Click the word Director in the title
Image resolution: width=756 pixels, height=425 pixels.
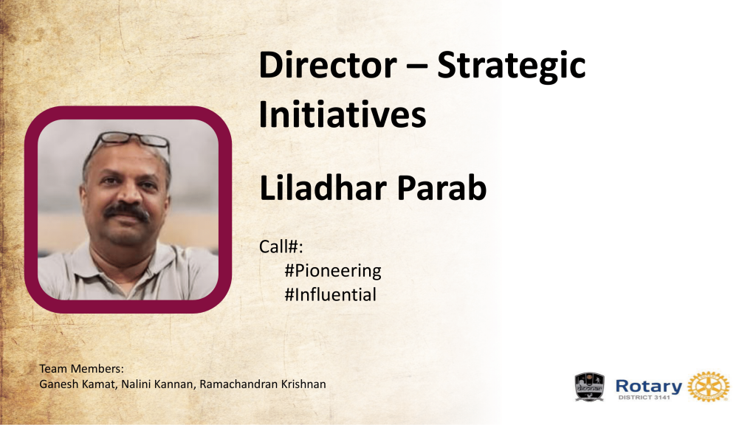[x=327, y=65]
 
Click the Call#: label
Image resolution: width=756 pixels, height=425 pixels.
[x=281, y=246]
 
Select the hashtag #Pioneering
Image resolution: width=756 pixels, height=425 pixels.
[x=333, y=271]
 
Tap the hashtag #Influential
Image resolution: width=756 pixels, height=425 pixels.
[x=330, y=294]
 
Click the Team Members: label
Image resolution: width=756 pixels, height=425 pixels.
[x=81, y=369]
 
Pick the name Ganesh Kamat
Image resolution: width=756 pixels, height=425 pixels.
[x=78, y=384]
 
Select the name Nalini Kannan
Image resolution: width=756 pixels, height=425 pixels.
[x=157, y=384]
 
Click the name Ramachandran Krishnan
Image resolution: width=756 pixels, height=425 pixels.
[x=263, y=384]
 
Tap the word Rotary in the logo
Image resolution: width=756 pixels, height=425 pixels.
[x=648, y=386]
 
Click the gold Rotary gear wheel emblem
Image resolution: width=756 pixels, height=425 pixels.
[x=708, y=387]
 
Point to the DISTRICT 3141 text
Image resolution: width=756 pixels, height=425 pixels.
[x=644, y=398]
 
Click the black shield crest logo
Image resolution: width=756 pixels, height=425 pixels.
[x=589, y=387]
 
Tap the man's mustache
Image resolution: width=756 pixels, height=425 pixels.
[x=126, y=211]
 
